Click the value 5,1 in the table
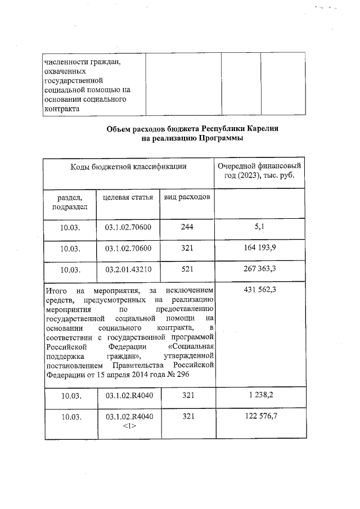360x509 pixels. (259, 227)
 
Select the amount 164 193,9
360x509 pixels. (259, 248)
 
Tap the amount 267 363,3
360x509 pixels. (259, 269)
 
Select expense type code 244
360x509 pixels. (188, 227)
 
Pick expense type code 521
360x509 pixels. (188, 269)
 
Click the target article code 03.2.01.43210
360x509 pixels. (128, 269)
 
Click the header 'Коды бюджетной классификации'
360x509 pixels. (128, 167)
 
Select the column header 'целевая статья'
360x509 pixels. (128, 197)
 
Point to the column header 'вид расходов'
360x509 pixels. (188, 197)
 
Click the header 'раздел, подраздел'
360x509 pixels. (70, 202)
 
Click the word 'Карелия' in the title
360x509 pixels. (260, 129)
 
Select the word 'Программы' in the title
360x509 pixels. (218, 138)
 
